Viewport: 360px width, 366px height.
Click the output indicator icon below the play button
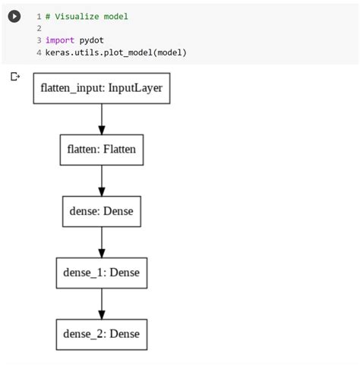[14, 76]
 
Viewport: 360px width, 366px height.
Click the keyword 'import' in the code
[60, 40]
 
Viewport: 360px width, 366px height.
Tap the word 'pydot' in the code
[93, 40]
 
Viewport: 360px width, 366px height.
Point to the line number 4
[38, 52]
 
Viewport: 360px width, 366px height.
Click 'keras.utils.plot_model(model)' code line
[115, 52]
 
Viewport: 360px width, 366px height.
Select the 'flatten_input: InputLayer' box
[101, 88]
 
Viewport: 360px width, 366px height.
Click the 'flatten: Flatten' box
[102, 150]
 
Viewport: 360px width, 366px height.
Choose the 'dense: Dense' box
[102, 211]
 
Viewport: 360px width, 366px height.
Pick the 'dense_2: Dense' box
[102, 334]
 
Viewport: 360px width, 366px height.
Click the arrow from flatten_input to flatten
[102, 118]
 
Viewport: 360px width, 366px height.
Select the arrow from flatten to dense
[102, 180]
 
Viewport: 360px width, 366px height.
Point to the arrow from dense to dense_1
[102, 241]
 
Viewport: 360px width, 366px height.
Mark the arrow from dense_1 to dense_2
[102, 303]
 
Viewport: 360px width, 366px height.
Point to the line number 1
[38, 16]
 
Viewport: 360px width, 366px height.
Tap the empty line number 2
[38, 28]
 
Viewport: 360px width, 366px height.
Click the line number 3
[38, 40]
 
